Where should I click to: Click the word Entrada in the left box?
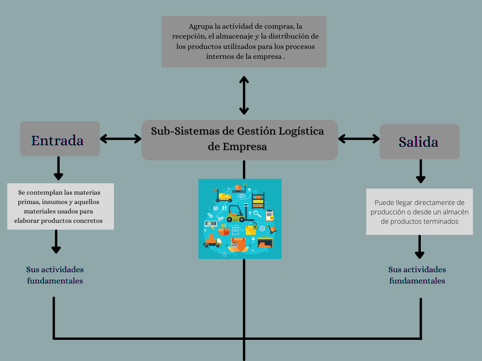point(57,140)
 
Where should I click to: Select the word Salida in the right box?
point(418,142)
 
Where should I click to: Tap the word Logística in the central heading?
point(301,131)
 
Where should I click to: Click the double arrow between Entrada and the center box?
point(120,139)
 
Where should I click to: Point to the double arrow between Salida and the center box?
point(359,139)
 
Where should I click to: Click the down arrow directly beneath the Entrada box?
point(58,169)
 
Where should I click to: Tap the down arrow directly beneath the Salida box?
point(421,172)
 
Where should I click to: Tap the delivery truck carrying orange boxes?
point(212,242)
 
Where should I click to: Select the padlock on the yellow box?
point(254,227)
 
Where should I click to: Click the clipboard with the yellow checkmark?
point(269,215)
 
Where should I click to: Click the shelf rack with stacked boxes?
point(258,201)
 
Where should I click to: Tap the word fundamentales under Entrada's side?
point(55,281)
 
